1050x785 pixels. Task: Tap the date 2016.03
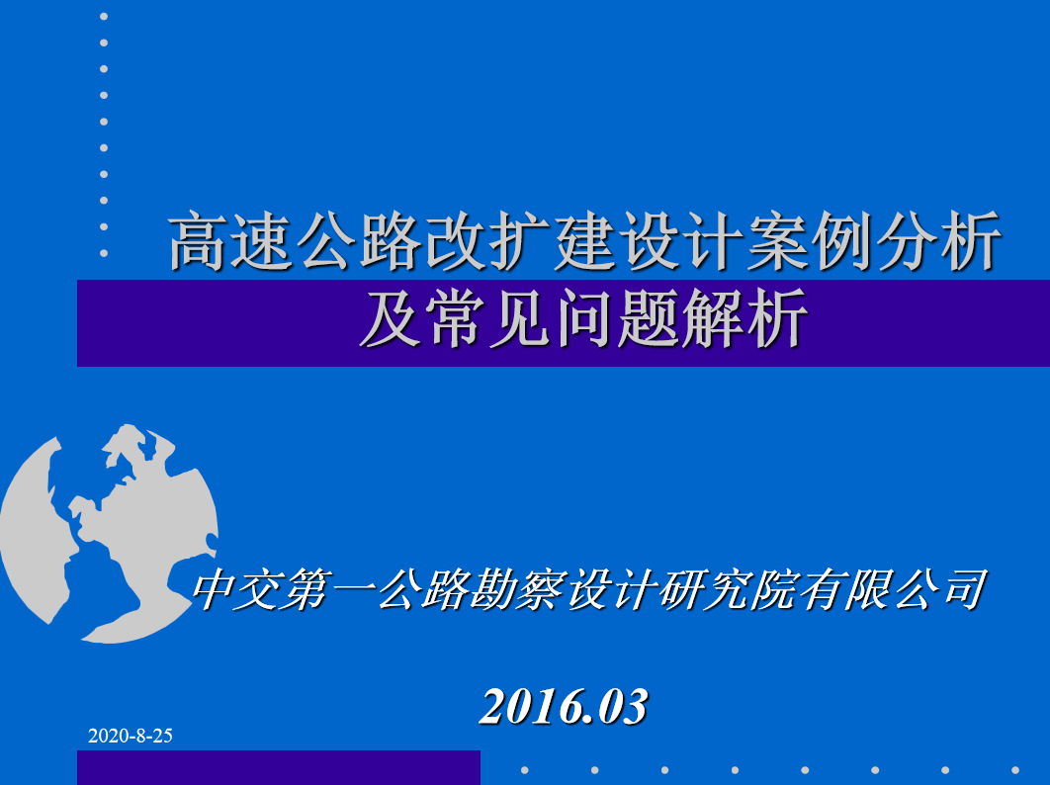[564, 707]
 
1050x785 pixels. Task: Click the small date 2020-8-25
[130, 736]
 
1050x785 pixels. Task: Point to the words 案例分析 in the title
[875, 241]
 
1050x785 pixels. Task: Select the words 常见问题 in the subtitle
[552, 318]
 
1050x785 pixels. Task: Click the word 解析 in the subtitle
[745, 318]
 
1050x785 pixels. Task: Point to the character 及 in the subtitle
[390, 318]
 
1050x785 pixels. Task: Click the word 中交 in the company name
[235, 590]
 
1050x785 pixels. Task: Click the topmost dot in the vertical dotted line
[104, 17]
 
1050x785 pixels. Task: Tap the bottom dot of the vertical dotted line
[104, 253]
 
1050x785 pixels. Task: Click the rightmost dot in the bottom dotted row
[1015, 770]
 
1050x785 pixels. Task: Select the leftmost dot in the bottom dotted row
[525, 770]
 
